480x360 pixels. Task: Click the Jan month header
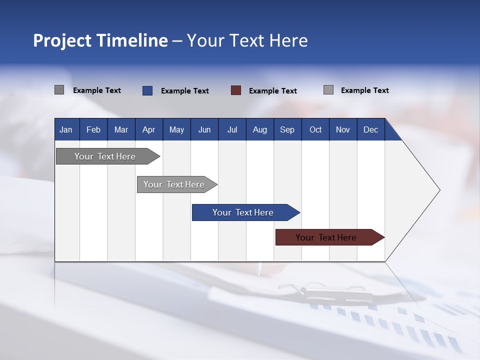tap(66, 129)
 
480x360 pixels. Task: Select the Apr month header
tap(149, 129)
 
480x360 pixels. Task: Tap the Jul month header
tap(232, 129)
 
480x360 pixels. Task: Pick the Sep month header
tap(287, 129)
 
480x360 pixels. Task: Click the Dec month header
tap(370, 129)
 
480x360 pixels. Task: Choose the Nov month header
tap(343, 129)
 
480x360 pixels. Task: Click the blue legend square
tap(147, 90)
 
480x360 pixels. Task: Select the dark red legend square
tap(236, 90)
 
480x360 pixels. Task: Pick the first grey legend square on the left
tap(59, 90)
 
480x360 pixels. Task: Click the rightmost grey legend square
tap(328, 90)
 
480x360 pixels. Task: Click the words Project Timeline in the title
tap(100, 40)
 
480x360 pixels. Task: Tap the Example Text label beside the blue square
tap(185, 91)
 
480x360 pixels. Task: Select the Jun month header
tap(204, 129)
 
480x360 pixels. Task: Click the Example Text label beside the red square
tap(273, 91)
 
